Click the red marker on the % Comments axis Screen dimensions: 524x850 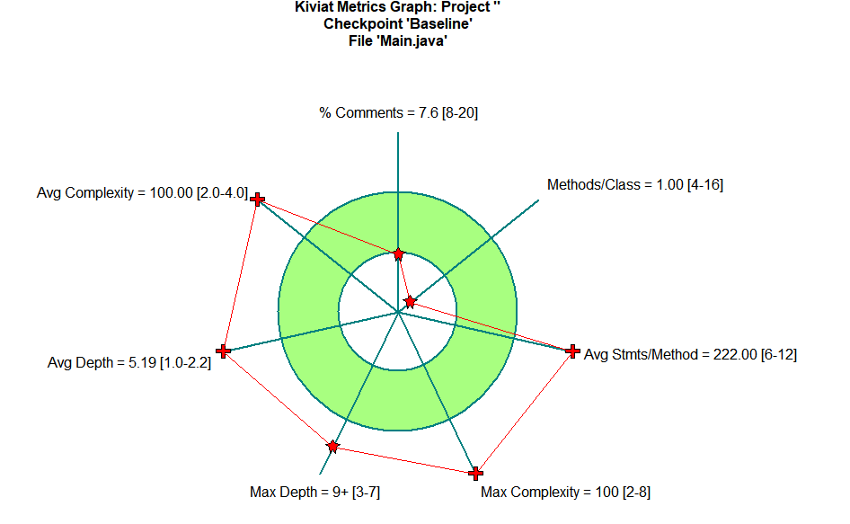(398, 254)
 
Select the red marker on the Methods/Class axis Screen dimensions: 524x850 (410, 301)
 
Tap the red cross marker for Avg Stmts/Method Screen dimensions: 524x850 (572, 351)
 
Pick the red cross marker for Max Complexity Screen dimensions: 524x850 (476, 474)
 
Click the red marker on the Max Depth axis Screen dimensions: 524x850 (333, 446)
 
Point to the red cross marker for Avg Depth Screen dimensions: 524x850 (224, 351)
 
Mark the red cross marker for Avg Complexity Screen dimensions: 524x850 (258, 199)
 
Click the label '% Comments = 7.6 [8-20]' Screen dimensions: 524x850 (392, 113)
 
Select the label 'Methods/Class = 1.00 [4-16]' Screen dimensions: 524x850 (635, 185)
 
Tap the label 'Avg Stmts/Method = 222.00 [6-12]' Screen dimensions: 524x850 (690, 354)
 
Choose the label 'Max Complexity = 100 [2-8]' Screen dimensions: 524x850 (565, 493)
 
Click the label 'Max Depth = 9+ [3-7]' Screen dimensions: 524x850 (315, 493)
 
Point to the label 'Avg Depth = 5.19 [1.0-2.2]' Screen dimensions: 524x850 (129, 363)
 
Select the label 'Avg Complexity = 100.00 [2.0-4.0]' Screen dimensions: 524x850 (142, 192)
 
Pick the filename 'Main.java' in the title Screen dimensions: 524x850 (416, 40)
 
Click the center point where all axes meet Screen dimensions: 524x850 (398, 312)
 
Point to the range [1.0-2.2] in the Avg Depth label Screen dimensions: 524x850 (185, 363)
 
